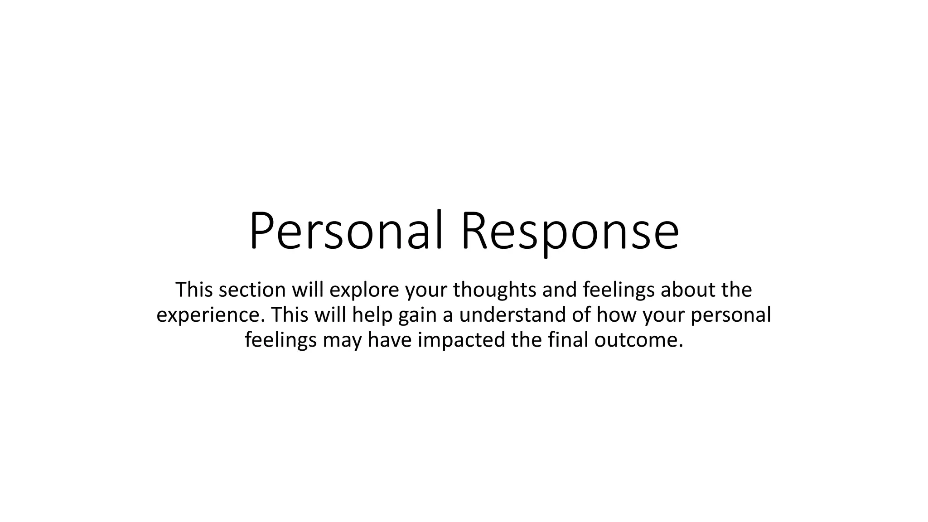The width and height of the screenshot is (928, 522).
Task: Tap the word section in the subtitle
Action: (x=252, y=290)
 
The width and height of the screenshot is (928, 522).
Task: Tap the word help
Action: (x=372, y=315)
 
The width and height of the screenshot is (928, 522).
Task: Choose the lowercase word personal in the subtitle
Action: (x=730, y=315)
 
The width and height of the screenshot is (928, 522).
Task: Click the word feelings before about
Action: (x=619, y=290)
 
